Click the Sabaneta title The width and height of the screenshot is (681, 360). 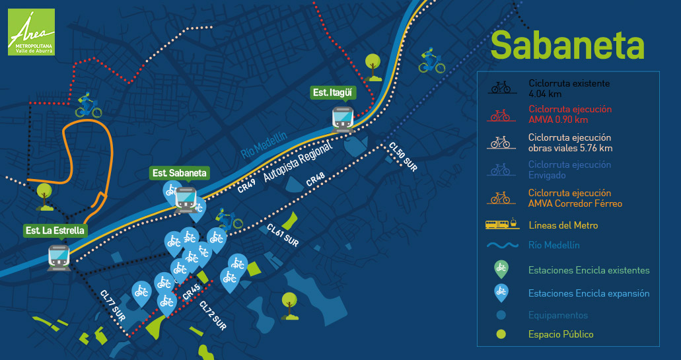pyautogui.click(x=567, y=45)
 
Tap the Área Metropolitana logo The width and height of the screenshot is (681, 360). pyautogui.click(x=31, y=32)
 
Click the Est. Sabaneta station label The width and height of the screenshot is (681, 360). pyautogui.click(x=180, y=173)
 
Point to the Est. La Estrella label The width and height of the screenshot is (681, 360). pyautogui.click(x=55, y=231)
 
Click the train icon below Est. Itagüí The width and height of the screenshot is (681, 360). pyautogui.click(x=343, y=118)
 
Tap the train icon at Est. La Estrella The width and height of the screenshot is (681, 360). pyautogui.click(x=59, y=256)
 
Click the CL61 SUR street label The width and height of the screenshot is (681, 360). pyautogui.click(x=283, y=235)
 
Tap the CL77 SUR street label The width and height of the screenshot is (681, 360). pyautogui.click(x=113, y=305)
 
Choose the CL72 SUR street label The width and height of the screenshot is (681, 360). pyautogui.click(x=213, y=317)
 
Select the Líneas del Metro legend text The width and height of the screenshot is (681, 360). pyautogui.click(x=563, y=226)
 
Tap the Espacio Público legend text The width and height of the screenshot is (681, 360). pyautogui.click(x=561, y=334)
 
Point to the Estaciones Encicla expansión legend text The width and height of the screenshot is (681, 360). pyautogui.click(x=589, y=293)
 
